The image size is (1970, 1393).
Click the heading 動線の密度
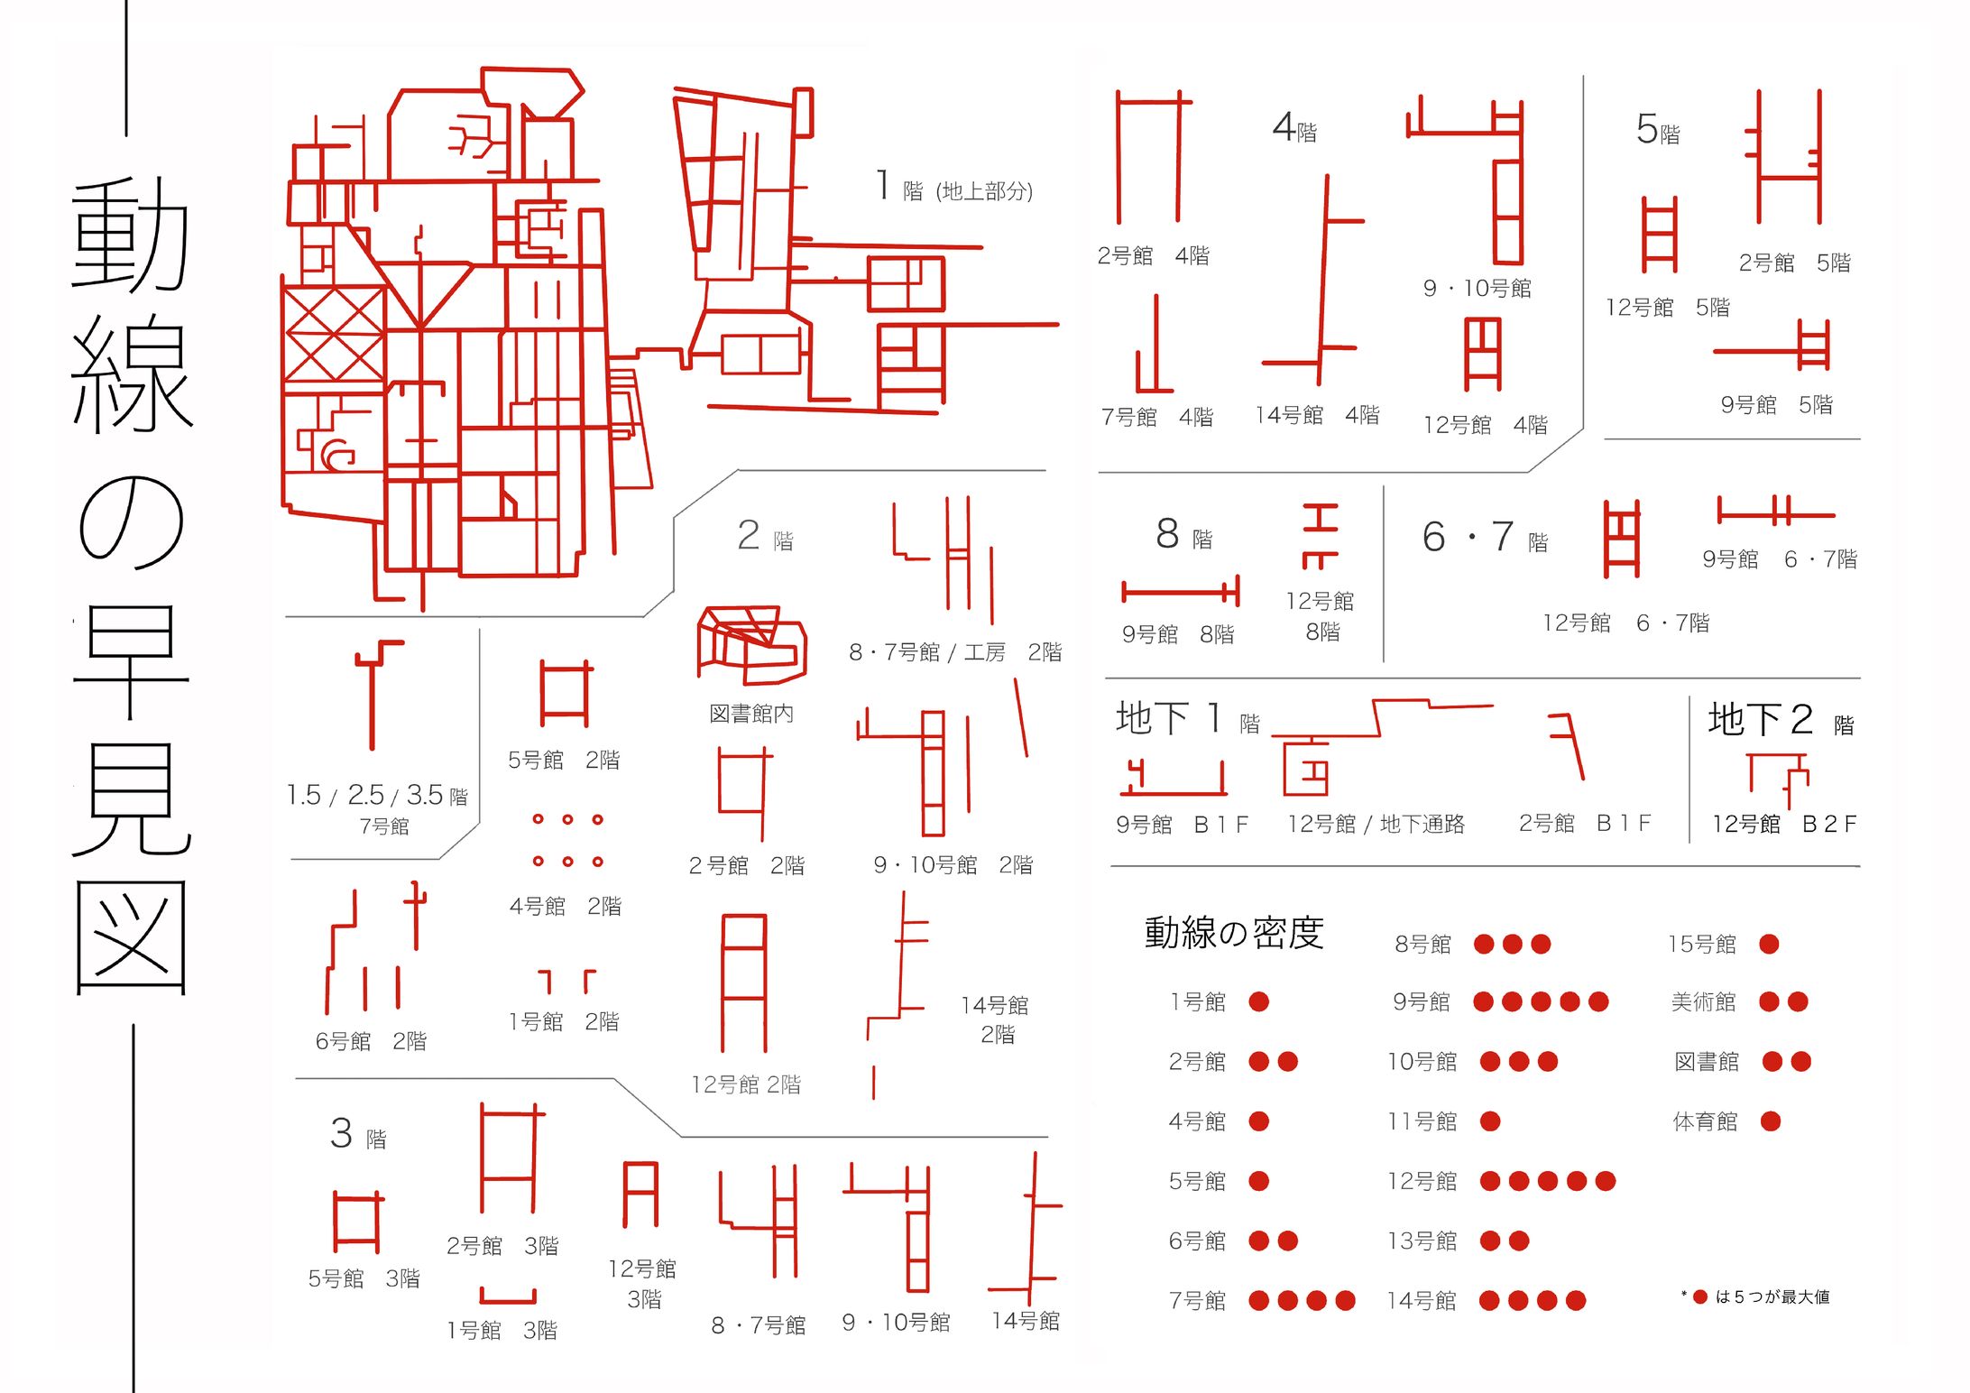[1233, 933]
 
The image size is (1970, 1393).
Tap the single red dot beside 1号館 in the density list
[1258, 1001]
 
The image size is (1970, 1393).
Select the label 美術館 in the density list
[1703, 1001]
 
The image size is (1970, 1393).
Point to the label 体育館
[1705, 1121]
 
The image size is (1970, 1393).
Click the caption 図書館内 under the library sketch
[751, 714]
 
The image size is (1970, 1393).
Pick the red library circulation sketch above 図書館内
[751, 644]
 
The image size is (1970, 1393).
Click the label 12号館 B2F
[1784, 824]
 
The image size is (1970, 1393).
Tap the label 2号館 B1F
[1585, 823]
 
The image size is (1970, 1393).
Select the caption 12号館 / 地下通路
[1376, 824]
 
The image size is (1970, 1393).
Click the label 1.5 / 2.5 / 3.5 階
[377, 795]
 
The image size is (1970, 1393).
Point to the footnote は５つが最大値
[1772, 1296]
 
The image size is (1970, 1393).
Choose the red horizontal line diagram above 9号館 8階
[1181, 592]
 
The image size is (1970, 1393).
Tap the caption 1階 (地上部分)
[954, 187]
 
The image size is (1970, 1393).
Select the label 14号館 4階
[1317, 415]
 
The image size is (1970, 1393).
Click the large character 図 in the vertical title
[132, 938]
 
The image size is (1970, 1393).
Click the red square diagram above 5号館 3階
[358, 1222]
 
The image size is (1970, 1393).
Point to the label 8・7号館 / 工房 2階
[955, 651]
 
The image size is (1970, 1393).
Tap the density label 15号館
[1701, 944]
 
